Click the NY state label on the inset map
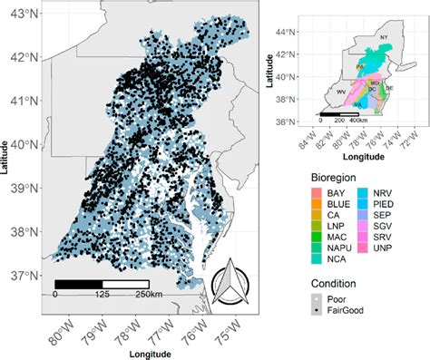(383, 36)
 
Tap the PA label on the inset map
(360, 66)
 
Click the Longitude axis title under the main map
(145, 352)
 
